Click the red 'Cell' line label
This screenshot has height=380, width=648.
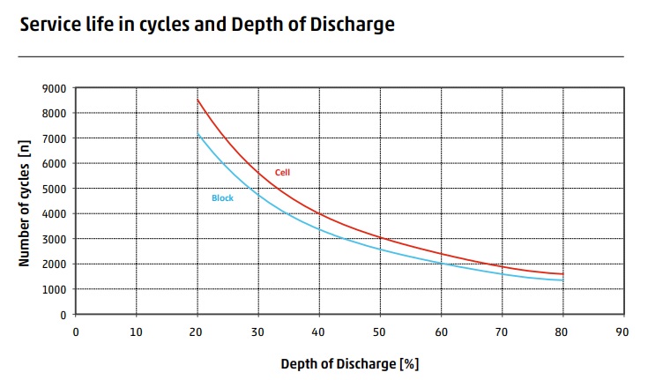[282, 173]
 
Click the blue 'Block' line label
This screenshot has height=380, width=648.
[222, 198]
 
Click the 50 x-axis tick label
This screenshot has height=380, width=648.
[380, 332]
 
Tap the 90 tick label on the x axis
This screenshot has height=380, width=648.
[623, 332]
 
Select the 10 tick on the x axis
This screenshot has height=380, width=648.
[137, 332]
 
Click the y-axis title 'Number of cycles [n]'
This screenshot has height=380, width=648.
[26, 201]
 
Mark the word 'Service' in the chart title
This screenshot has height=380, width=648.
[49, 25]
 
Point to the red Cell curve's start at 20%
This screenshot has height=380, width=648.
[197, 100]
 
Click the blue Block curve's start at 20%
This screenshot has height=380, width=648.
[197, 133]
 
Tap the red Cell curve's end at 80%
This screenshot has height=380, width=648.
[562, 274]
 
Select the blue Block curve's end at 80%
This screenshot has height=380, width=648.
[562, 280]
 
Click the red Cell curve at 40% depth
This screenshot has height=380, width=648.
[319, 214]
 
